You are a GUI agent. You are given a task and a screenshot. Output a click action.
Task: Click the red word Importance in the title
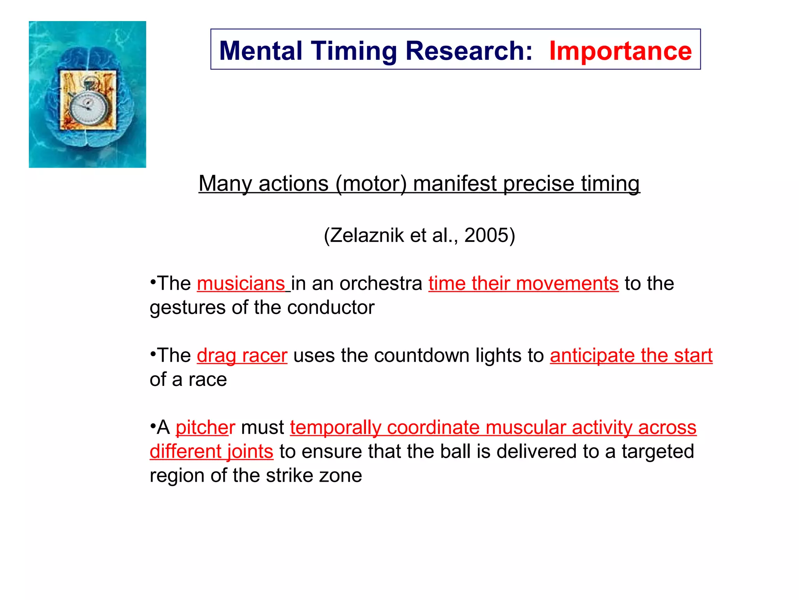pyautogui.click(x=620, y=51)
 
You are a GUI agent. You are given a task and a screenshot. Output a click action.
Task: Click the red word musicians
pyautogui.click(x=241, y=284)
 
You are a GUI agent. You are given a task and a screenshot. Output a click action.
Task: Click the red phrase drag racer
pyautogui.click(x=242, y=355)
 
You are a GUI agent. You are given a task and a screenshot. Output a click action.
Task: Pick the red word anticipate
pyautogui.click(x=592, y=355)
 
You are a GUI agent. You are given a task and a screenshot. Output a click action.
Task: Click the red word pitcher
pyautogui.click(x=205, y=427)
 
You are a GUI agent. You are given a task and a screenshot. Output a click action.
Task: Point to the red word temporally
pyautogui.click(x=335, y=427)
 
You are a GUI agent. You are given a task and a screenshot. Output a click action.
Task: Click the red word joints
pyautogui.click(x=250, y=452)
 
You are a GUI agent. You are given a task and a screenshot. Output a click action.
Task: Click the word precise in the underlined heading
pyautogui.click(x=538, y=184)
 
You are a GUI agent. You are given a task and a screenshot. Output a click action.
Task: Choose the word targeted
pyautogui.click(x=658, y=452)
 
